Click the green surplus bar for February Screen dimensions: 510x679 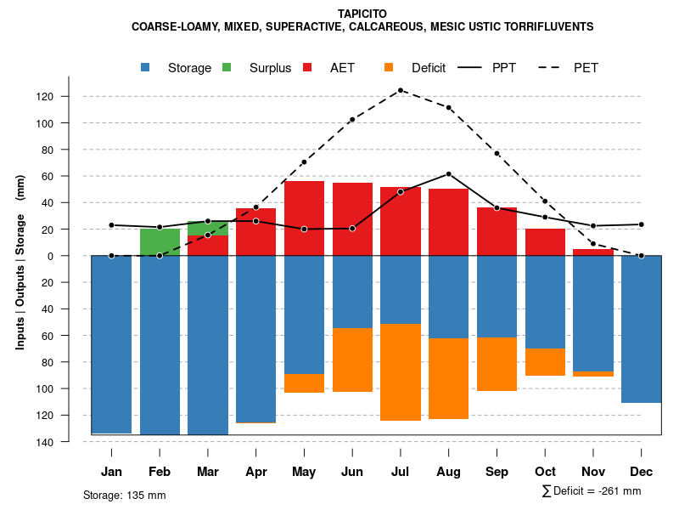pyautogui.click(x=160, y=242)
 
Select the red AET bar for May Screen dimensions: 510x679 pyautogui.click(x=304, y=218)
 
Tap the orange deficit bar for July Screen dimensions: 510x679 pyautogui.click(x=401, y=372)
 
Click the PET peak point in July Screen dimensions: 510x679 pyautogui.click(x=401, y=90)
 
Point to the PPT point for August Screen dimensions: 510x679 pyautogui.click(x=449, y=174)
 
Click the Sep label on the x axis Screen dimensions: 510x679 pyautogui.click(x=497, y=472)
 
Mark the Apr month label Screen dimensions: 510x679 pyautogui.click(x=256, y=472)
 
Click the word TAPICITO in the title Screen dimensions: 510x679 pyautogui.click(x=362, y=14)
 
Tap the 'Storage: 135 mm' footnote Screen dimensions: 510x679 pyautogui.click(x=124, y=495)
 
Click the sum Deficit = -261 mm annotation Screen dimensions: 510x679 pyautogui.click(x=591, y=491)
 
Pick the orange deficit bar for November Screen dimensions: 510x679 pyautogui.click(x=593, y=374)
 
